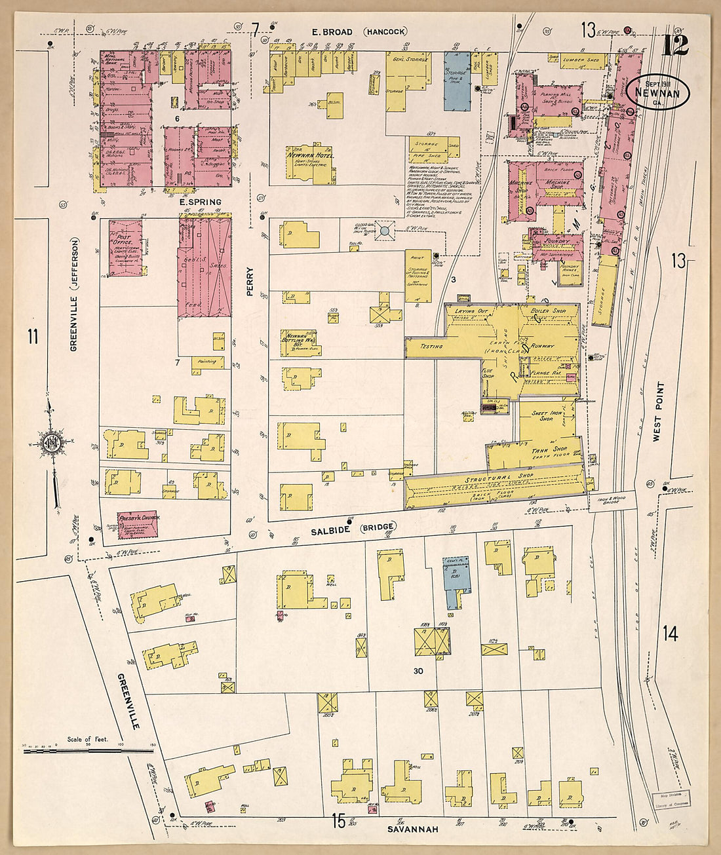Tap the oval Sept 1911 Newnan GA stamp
coord(657,94)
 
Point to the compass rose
coord(51,442)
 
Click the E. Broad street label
coord(332,31)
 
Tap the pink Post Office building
coord(125,248)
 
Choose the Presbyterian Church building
coord(137,523)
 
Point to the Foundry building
coord(557,245)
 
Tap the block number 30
coord(418,671)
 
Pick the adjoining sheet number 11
coord(32,337)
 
